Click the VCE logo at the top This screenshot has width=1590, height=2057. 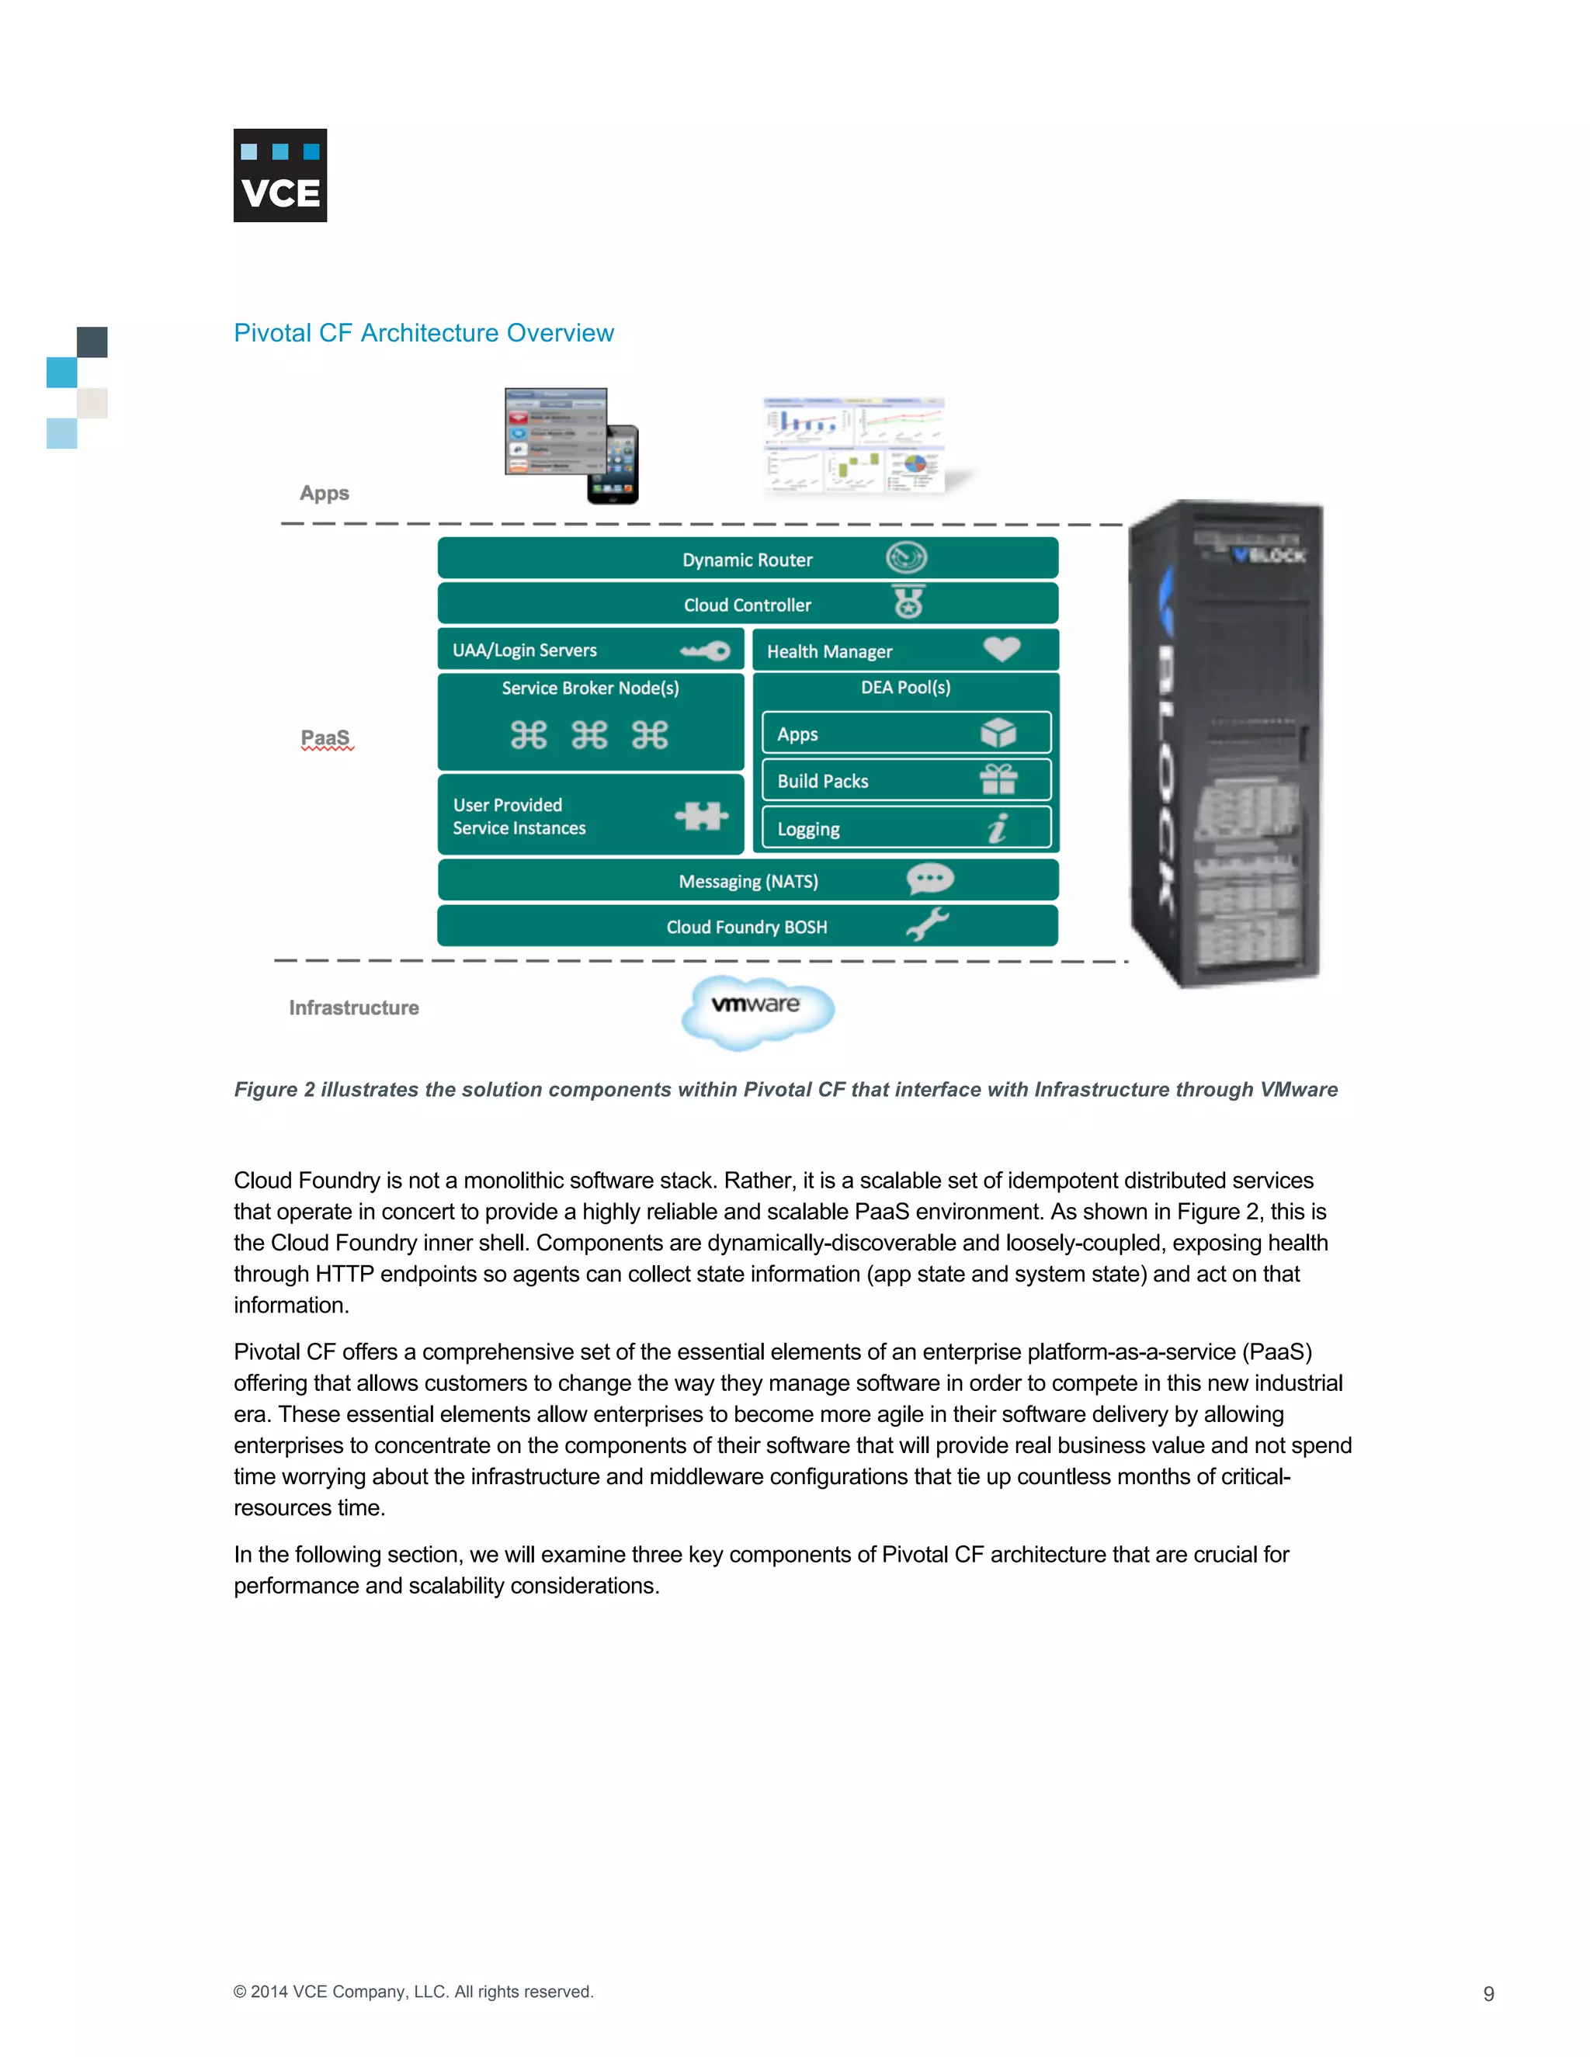(279, 175)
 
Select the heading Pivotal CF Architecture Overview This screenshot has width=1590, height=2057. (423, 334)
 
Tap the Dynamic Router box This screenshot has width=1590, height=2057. (747, 559)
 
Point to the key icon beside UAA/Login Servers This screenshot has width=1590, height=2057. (706, 650)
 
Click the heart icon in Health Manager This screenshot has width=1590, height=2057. (1002, 649)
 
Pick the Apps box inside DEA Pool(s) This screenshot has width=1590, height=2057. (905, 734)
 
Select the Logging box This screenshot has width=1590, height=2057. (905, 828)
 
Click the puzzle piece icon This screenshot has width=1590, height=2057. (702, 816)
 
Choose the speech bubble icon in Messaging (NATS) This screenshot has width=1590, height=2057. (929, 879)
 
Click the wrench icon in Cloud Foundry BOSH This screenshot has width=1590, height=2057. (927, 925)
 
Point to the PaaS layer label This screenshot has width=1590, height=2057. (326, 738)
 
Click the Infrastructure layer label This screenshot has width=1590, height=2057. (354, 1008)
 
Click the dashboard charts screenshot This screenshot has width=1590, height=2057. (853, 445)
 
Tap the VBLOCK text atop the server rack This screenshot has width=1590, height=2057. (1269, 555)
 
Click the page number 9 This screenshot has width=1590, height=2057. (1488, 1993)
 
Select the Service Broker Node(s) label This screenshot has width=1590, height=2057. (591, 689)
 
